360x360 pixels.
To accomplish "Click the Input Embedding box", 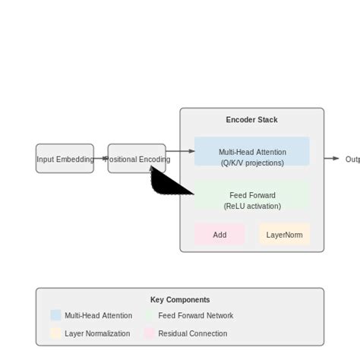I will tap(65, 159).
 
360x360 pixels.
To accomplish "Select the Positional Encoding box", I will tap(137, 159).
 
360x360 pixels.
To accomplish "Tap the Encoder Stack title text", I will tap(251, 120).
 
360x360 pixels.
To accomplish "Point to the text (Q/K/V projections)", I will tap(252, 163).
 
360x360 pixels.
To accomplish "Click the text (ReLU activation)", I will tap(252, 206).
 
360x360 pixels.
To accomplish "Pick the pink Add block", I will tap(219, 235).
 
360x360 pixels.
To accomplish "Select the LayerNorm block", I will tap(284, 235).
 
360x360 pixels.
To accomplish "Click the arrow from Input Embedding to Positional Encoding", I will tap(101, 159).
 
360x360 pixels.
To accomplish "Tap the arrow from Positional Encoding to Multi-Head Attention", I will tap(180, 151).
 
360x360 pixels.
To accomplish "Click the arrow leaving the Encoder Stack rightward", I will tap(332, 159).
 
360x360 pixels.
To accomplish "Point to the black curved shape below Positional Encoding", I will tap(166, 183).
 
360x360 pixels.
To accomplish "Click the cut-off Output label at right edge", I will tap(352, 159).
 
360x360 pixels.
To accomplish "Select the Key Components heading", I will tap(180, 300).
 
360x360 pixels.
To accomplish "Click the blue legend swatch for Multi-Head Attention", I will tap(55, 315).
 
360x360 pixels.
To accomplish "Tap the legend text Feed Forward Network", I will tap(195, 315).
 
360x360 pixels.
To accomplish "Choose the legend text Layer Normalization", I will tap(97, 333).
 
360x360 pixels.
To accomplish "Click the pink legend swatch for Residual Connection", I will tap(150, 333).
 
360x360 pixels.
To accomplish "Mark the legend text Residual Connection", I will tap(192, 333).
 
